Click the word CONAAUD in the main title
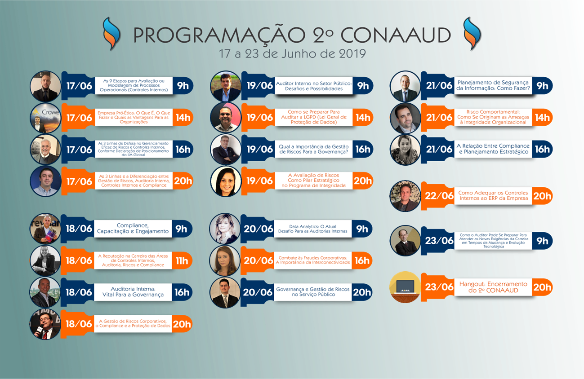pos(396,35)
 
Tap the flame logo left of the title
pos(111,34)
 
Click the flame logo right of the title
pos(472,34)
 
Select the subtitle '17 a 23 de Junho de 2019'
pos(292,53)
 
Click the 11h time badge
pos(182,260)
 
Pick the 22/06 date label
pos(439,196)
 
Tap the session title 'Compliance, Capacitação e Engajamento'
pos(133,228)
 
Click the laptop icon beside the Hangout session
pos(405,287)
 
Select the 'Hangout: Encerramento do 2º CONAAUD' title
pos(493,287)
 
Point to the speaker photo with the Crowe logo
pos(45,118)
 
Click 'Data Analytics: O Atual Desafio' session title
pos(312,229)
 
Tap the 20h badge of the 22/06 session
pos(542,196)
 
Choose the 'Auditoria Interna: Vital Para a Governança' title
pos(133,292)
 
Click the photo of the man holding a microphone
pos(45,324)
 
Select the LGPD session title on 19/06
pos(314,117)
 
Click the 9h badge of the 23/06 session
pos(542,241)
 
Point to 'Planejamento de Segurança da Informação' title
pos(493,85)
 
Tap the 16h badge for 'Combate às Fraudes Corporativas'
pos(362,260)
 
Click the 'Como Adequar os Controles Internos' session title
pos(493,196)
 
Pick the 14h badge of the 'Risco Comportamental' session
pos(542,118)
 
